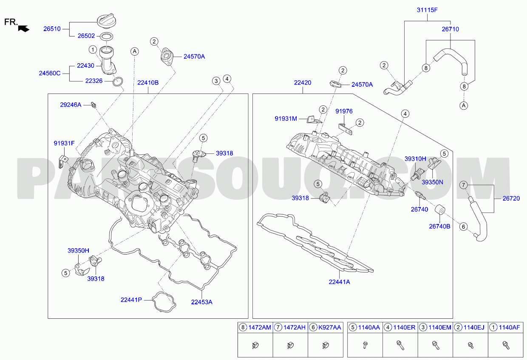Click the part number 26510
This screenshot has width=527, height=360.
point(52,29)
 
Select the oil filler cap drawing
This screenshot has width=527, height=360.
point(107,21)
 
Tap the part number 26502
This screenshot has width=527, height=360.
point(86,36)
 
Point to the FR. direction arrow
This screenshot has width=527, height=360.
point(24,28)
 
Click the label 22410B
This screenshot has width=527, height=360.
point(148,83)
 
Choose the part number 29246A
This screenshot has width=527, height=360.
point(71,105)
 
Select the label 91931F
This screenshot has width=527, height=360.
point(64,143)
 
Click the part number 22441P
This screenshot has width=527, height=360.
point(131,300)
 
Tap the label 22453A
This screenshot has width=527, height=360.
point(201,302)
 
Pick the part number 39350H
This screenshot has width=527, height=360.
point(78,251)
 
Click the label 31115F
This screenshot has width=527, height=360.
point(427,10)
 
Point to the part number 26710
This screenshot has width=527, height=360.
point(450,29)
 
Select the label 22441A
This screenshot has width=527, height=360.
point(339,282)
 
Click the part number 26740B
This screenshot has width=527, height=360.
point(439,227)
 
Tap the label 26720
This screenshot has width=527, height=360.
point(511,198)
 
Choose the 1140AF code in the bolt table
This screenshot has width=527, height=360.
point(509,328)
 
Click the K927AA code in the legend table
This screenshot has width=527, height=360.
point(330,328)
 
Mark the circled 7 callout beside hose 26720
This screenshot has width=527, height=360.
point(464,185)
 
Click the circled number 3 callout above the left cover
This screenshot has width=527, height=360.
point(216,81)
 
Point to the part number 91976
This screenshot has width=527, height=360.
point(344,111)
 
